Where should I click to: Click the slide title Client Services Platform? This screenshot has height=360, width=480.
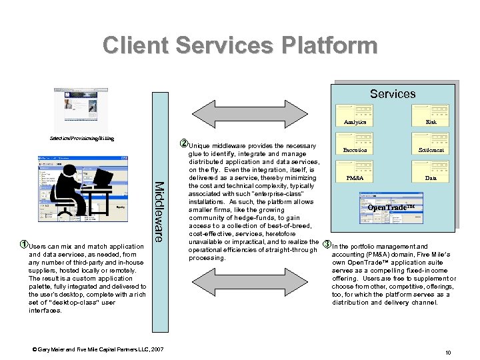(x=240, y=45)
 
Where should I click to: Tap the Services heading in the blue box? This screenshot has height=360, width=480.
(x=393, y=94)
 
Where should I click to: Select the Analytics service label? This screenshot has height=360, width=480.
(x=355, y=122)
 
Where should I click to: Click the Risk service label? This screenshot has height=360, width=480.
(x=431, y=122)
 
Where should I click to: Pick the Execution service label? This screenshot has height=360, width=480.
(x=355, y=150)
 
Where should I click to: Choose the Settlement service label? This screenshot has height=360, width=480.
(x=431, y=150)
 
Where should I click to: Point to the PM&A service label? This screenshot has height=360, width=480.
(x=355, y=179)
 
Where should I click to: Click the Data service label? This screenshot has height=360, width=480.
(x=431, y=179)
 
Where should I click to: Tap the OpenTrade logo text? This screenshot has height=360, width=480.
(x=395, y=207)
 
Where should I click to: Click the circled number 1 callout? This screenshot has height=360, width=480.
(x=23, y=245)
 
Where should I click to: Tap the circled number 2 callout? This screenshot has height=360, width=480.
(x=185, y=145)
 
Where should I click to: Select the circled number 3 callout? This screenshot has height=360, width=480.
(x=327, y=245)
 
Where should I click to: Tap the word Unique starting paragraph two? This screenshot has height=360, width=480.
(x=200, y=146)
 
